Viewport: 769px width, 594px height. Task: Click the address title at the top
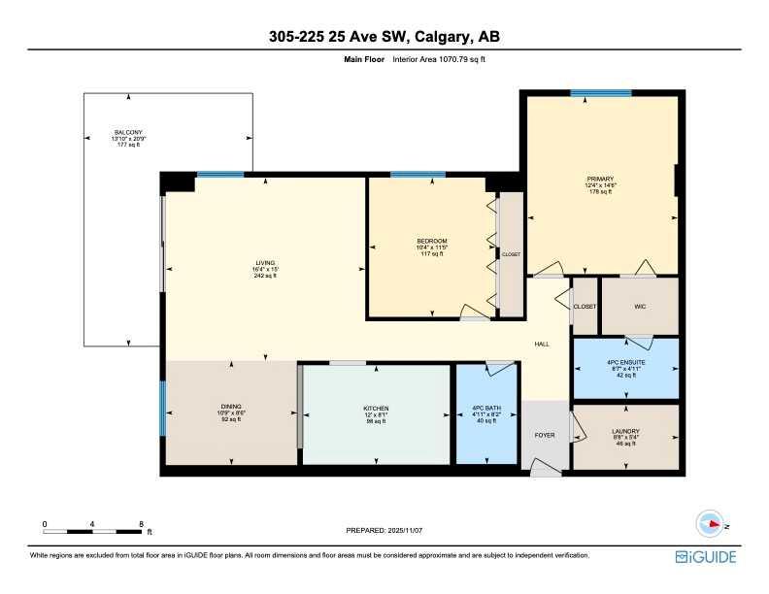tap(384, 37)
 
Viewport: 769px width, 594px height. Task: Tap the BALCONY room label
tap(128, 132)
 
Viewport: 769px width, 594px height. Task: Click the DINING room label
tap(230, 406)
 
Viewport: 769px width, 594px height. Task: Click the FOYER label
tap(545, 435)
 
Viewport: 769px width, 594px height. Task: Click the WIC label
tap(640, 306)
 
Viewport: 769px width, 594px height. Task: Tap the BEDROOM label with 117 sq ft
tap(431, 241)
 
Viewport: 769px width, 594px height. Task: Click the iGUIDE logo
tap(706, 557)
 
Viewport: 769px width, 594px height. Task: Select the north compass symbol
tap(715, 523)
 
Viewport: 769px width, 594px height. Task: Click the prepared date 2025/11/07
tap(384, 530)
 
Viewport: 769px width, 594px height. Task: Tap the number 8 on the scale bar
tap(142, 524)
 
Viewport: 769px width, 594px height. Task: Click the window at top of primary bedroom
tap(601, 93)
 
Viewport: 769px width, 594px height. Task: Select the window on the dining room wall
tap(163, 408)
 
